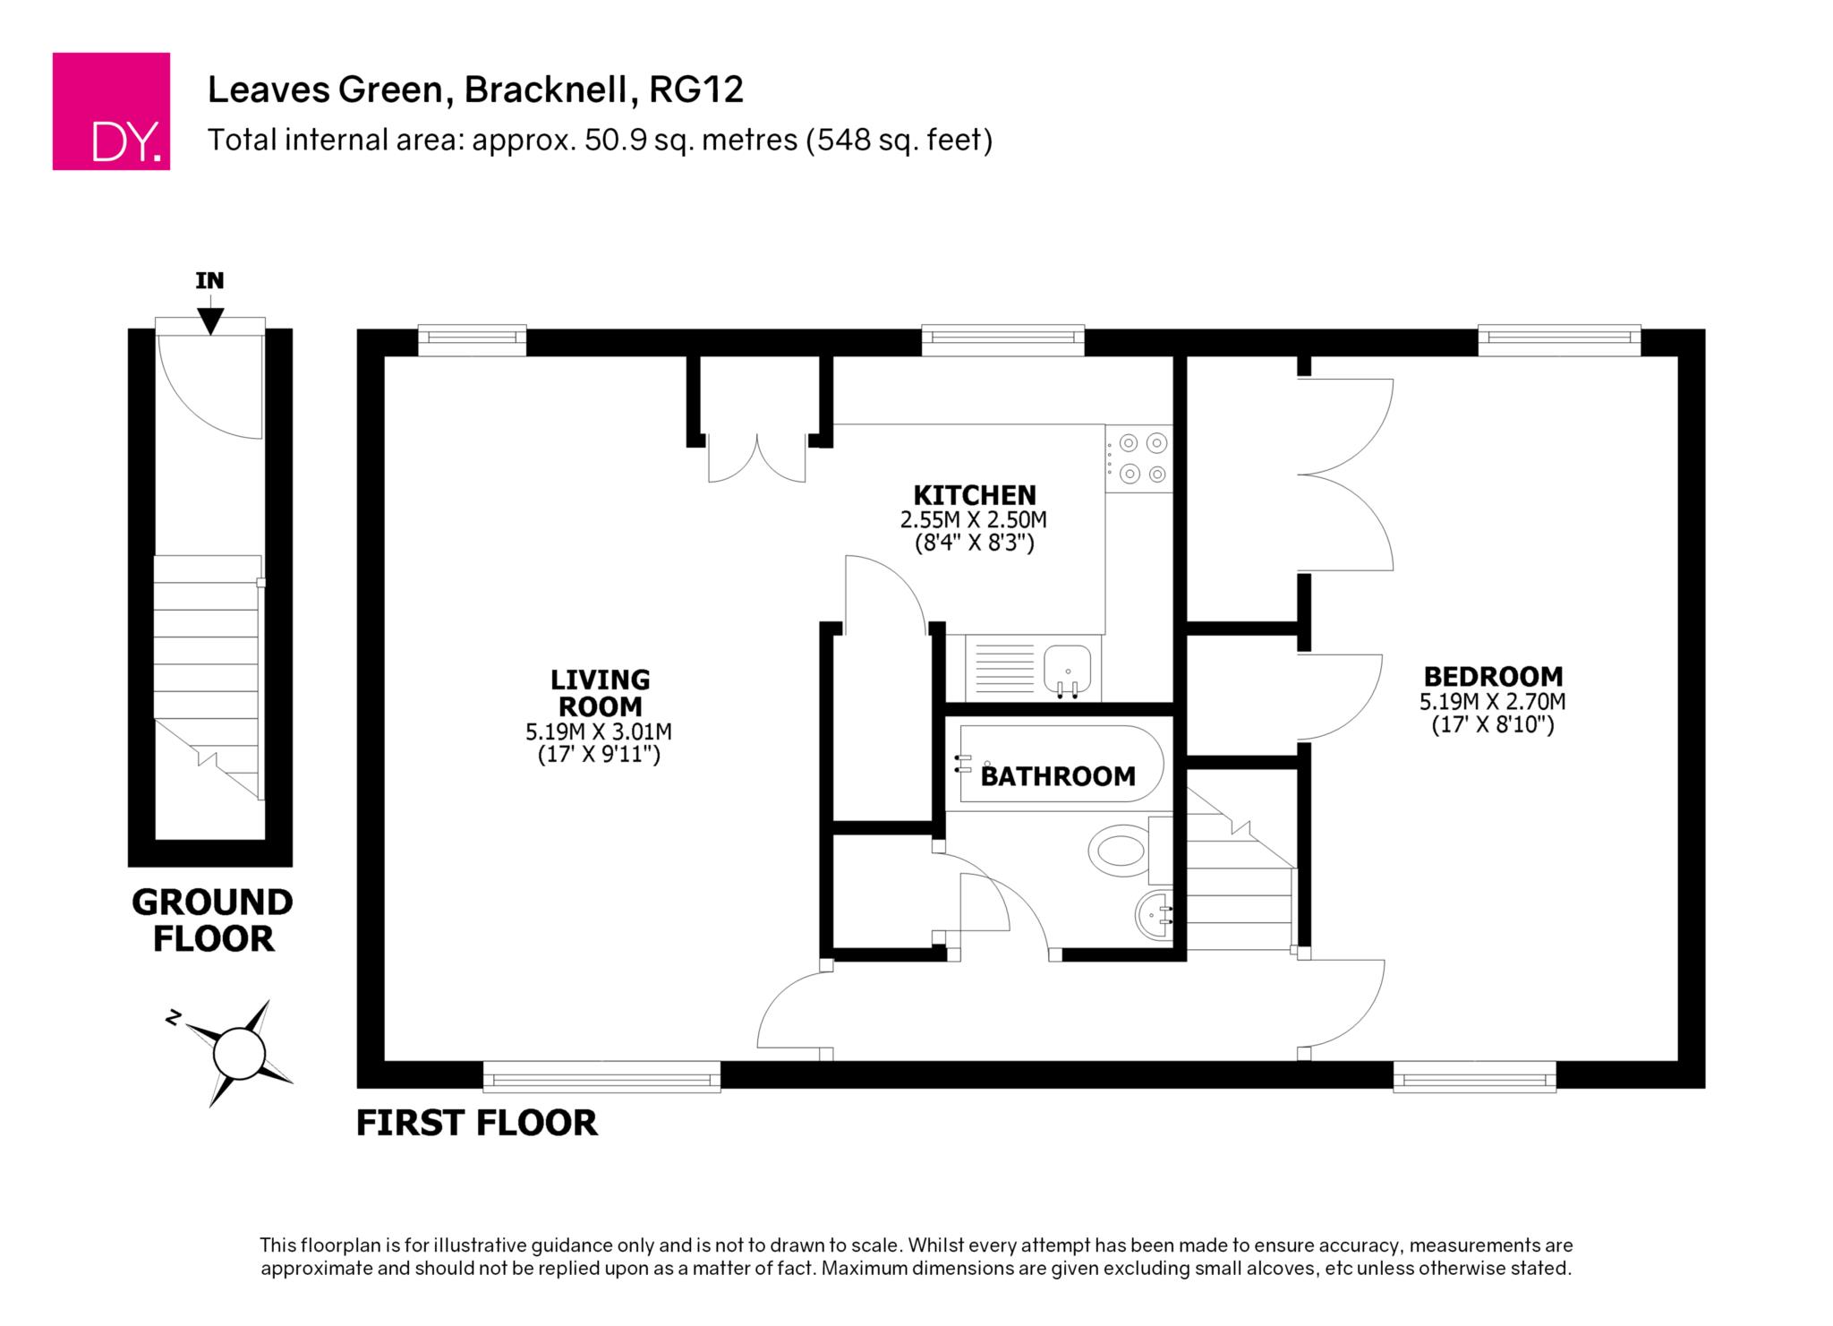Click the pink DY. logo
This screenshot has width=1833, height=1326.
point(111,111)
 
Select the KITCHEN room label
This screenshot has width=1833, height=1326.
point(975,495)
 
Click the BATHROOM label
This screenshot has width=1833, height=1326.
point(1058,775)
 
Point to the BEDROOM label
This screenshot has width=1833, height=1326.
point(1493,676)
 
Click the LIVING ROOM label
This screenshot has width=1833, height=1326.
point(600,693)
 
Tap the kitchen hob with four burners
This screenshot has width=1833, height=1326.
point(1138,458)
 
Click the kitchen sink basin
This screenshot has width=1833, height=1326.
point(1068,670)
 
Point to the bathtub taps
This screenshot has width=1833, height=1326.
point(963,763)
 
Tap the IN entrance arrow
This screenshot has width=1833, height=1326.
point(210,321)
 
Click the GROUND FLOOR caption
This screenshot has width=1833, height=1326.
point(213,920)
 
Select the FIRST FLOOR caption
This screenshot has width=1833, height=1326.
point(477,1123)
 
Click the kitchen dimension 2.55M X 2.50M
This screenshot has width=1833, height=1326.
point(974,519)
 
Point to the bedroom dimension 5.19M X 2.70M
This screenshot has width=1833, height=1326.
point(1493,702)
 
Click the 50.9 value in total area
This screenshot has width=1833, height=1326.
point(613,141)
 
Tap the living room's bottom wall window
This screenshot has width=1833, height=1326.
point(601,1076)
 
